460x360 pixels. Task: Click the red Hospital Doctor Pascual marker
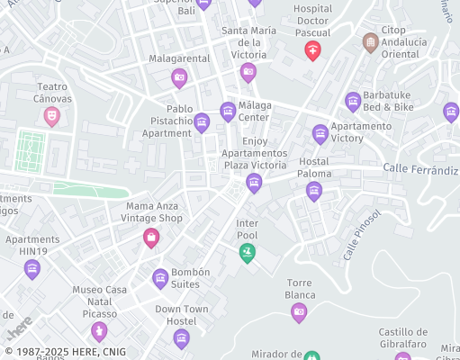pyautogui.click(x=312, y=51)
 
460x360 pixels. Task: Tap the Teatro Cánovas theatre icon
pyautogui.click(x=52, y=115)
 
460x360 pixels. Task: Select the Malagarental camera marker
pyautogui.click(x=179, y=78)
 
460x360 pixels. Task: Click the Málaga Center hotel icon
pyautogui.click(x=227, y=112)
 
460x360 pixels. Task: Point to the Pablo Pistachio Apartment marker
pyautogui.click(x=202, y=121)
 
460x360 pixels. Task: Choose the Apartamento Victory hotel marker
pyautogui.click(x=320, y=135)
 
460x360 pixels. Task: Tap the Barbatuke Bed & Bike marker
pyautogui.click(x=353, y=101)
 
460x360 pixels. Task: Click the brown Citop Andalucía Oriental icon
pyautogui.click(x=370, y=42)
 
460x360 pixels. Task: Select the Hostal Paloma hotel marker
pyautogui.click(x=313, y=190)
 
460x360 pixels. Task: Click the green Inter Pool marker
pyautogui.click(x=247, y=254)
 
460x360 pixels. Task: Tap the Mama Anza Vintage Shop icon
pyautogui.click(x=151, y=238)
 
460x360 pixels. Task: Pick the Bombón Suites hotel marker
pyautogui.click(x=160, y=279)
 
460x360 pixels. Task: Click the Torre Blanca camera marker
pyautogui.click(x=299, y=312)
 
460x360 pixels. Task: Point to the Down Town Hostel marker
pyautogui.click(x=181, y=338)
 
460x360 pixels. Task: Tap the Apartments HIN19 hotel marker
pyautogui.click(x=32, y=268)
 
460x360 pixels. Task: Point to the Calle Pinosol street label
pyautogui.click(x=362, y=236)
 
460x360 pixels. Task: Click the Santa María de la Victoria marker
pyautogui.click(x=248, y=73)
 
